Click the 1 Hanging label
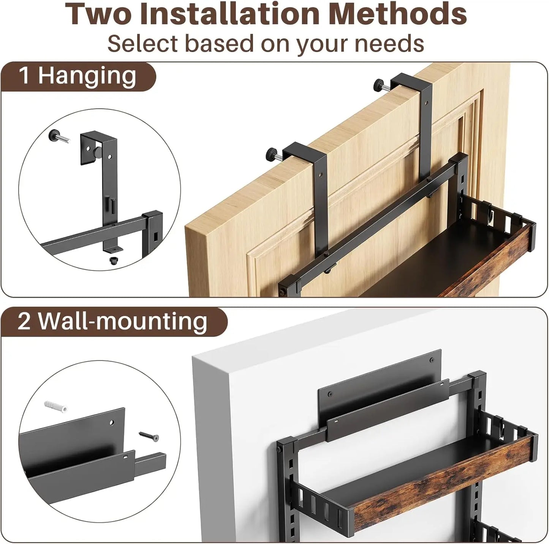click(78, 76)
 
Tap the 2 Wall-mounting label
click(112, 321)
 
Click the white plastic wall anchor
click(55, 406)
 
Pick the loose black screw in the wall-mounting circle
click(149, 436)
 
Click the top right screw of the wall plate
click(432, 360)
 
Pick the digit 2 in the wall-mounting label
click(24, 321)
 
